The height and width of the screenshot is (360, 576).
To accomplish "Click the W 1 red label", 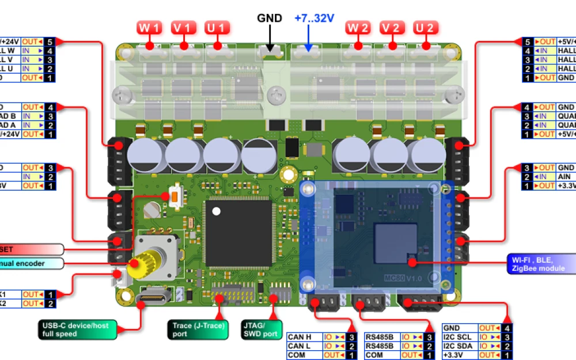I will coord(150,27).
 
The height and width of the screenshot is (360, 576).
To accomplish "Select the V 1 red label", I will coord(184,27).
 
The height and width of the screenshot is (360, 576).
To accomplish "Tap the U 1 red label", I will coord(218,27).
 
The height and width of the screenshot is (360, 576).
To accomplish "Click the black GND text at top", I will coord(270,18).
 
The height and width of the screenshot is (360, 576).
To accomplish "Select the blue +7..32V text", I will coord(314,18).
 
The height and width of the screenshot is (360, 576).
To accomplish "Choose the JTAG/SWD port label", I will coord(260,329).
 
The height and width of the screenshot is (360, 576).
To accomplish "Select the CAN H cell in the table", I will coord(304,337).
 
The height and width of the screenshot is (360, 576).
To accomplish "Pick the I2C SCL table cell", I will coord(460,337).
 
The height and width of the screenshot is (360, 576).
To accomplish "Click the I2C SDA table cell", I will coord(460,346).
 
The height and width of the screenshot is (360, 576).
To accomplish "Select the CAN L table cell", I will coord(304,346).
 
